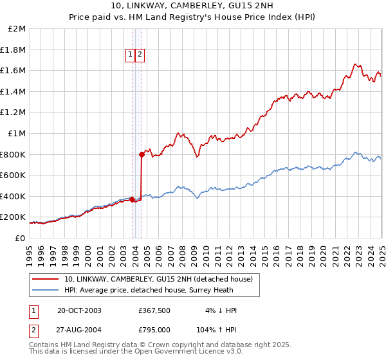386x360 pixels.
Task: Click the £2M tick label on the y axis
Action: (17, 29)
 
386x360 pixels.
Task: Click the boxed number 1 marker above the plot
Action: (131, 55)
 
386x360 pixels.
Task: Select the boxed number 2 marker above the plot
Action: (140, 55)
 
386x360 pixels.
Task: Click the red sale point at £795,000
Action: (142, 154)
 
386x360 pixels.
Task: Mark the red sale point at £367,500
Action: (132, 199)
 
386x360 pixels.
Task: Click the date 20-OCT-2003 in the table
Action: (79, 310)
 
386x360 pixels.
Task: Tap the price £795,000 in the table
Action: (154, 330)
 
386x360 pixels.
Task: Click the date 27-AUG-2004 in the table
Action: (80, 330)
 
